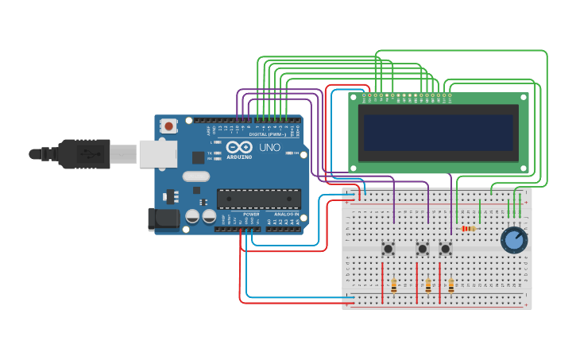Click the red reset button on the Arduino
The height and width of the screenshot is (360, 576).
tap(168, 126)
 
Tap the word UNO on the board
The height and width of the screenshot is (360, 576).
tap(269, 147)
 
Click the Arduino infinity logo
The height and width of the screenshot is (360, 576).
tap(239, 147)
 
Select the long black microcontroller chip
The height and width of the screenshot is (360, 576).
tap(258, 199)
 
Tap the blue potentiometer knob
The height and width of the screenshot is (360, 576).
tap(514, 240)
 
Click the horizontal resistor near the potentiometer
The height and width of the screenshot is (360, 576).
tap(468, 229)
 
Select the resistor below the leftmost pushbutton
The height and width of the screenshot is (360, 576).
tap(394, 285)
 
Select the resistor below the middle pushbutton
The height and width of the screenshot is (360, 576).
tap(428, 285)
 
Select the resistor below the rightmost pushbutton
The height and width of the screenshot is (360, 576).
tap(451, 285)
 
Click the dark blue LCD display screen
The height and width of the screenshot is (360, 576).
tap(438, 132)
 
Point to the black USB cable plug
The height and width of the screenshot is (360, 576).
tap(83, 153)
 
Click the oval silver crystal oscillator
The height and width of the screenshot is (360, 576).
tap(195, 176)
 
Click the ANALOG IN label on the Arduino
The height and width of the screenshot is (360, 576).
tap(286, 215)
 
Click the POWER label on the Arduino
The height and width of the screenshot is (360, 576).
tap(251, 215)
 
